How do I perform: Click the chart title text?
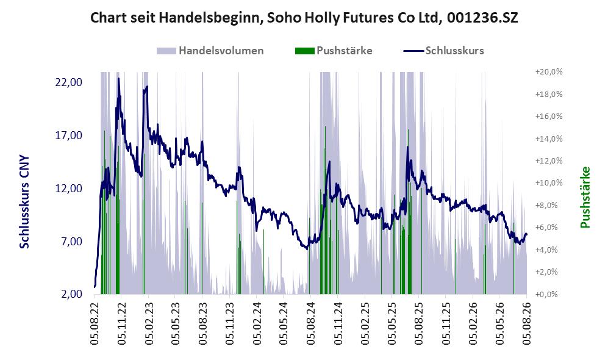pos(304,18)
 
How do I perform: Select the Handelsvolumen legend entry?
pos(210,51)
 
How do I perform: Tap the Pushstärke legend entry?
pos(334,51)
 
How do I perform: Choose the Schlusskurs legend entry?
pos(443,51)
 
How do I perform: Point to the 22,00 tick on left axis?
pos(70,82)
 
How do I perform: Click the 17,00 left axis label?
pos(70,135)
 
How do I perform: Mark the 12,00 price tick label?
pos(70,189)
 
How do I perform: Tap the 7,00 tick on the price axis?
pos(73,241)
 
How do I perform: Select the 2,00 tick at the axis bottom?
pos(73,294)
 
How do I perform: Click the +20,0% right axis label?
pos(549,72)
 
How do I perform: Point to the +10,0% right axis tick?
pos(549,182)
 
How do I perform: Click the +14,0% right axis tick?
pos(549,139)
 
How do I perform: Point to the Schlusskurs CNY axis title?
pos(24,202)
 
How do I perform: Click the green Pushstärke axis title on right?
pos(585,197)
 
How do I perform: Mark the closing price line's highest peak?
pos(119,78)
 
